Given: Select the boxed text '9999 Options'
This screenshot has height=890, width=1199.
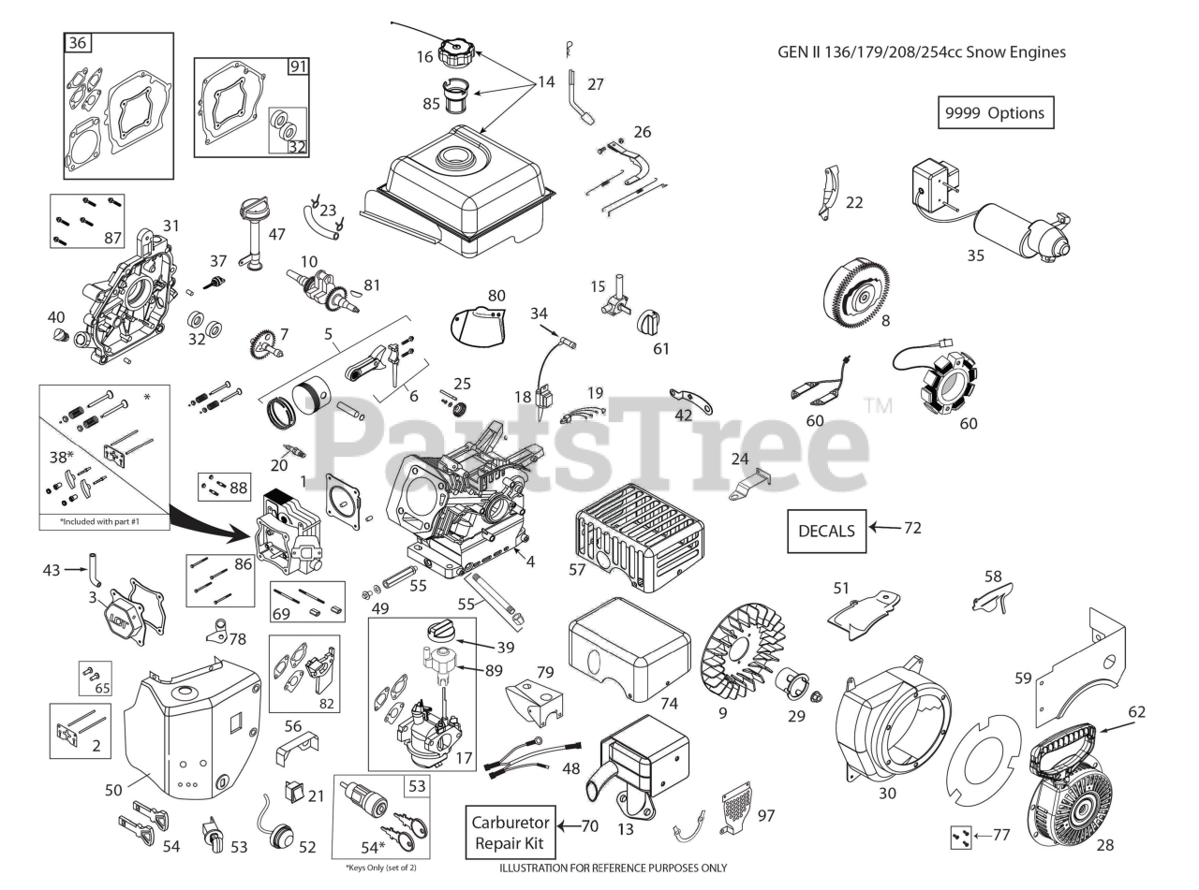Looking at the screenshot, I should point(994,112).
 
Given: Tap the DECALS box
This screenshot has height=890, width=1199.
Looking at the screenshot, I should point(826,531).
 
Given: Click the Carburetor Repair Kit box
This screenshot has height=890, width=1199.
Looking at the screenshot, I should point(510,831).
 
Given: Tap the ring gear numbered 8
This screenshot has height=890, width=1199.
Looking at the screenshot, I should point(856,291).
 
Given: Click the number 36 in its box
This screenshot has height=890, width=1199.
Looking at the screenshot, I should point(78,43).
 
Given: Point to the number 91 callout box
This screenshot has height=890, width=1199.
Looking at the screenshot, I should point(298,66).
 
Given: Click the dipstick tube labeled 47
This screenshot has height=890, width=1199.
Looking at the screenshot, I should point(252,234).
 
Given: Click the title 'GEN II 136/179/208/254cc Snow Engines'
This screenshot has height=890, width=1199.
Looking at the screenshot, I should point(921,51).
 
